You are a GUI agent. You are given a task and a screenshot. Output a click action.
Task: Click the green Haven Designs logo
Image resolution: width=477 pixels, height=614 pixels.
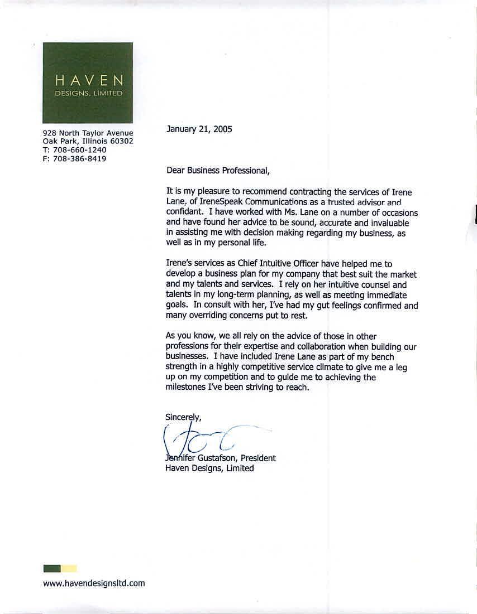[88, 83]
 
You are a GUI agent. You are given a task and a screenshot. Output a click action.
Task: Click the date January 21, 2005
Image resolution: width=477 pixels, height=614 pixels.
[199, 129]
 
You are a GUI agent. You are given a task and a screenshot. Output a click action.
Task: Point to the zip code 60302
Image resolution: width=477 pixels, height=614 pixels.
[121, 142]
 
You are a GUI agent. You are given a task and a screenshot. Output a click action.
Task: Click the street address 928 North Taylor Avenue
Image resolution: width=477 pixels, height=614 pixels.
[88, 133]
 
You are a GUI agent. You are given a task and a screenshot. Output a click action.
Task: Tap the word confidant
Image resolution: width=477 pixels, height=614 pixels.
[183, 212]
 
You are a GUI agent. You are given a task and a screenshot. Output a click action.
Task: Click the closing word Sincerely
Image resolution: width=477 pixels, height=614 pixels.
[183, 417]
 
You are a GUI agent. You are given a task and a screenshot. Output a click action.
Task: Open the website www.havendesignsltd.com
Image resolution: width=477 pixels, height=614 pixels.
[94, 583]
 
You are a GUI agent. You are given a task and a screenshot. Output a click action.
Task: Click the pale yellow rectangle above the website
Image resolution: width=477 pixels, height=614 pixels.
[69, 568]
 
